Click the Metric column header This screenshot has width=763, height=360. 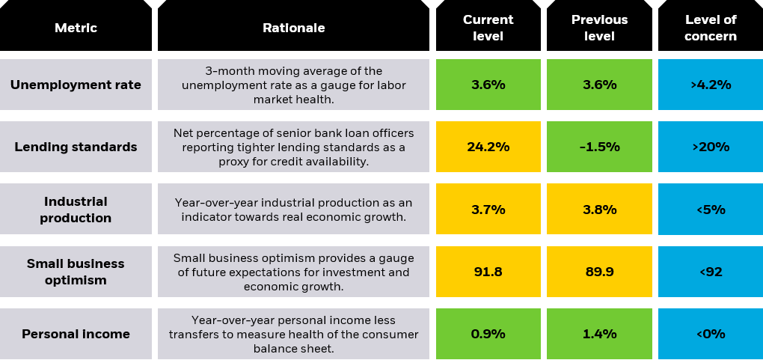click(x=76, y=28)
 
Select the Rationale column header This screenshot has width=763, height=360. click(x=293, y=28)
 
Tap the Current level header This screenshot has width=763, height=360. click(x=488, y=28)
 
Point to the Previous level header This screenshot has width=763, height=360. click(x=599, y=28)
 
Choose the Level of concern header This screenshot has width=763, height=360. click(x=710, y=28)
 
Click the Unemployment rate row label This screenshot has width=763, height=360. click(x=76, y=85)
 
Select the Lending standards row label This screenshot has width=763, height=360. click(x=76, y=147)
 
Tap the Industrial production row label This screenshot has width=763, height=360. click(x=76, y=210)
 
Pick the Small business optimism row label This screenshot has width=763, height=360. click(x=76, y=272)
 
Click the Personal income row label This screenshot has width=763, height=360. click(x=76, y=334)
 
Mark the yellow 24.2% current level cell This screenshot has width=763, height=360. click(x=488, y=147)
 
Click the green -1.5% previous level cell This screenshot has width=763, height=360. click(x=599, y=147)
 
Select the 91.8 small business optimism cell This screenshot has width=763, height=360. click(x=488, y=272)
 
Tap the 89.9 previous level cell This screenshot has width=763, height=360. click(x=599, y=272)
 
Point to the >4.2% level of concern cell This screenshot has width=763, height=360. click(x=710, y=85)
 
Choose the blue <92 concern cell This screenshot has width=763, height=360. click(x=710, y=272)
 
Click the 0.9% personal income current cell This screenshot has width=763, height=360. click(x=488, y=334)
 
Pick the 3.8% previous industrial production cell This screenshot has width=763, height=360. click(x=599, y=210)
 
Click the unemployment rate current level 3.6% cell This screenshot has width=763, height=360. click(x=488, y=85)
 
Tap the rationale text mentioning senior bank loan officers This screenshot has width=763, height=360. click(x=293, y=147)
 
